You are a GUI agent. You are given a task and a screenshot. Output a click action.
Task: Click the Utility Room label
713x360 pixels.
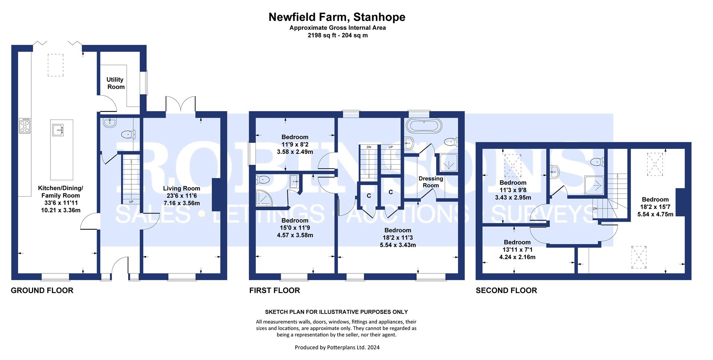tap(115, 83)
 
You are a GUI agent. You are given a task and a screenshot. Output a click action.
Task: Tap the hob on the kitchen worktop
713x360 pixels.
tap(25, 126)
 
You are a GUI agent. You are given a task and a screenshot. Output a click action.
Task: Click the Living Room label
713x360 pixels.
tap(181, 188)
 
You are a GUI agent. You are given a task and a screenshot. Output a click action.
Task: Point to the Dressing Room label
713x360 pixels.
tap(431, 182)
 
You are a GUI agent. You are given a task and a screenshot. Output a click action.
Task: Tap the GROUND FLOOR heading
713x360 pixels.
tap(42, 291)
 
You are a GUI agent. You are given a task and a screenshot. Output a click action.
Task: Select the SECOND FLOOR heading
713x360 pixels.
tap(506, 291)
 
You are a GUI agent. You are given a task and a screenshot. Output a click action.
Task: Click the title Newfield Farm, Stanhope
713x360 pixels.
tap(337, 17)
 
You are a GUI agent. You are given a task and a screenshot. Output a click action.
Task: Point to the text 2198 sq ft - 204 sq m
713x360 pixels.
tap(338, 36)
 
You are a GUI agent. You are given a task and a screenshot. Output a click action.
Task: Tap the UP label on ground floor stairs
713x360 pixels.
tap(131, 202)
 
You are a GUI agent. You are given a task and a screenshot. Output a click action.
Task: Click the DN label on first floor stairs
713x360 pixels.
tap(369, 147)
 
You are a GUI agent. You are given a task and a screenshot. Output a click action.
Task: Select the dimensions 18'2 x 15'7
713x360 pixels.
tap(655, 207)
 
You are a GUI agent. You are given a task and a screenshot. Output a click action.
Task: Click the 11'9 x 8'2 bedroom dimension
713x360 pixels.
tap(295, 144)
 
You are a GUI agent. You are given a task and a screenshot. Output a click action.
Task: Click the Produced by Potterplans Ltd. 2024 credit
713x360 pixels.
tap(337, 348)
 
